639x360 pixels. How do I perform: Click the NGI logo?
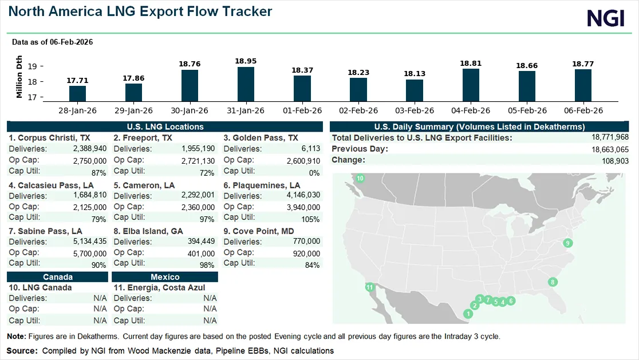click(606, 18)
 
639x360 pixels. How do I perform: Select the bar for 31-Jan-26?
click(246, 84)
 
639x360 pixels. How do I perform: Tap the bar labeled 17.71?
click(77, 94)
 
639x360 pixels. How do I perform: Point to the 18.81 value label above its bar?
click(471, 64)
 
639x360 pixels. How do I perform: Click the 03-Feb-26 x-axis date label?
click(415, 110)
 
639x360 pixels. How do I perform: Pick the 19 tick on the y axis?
click(32, 66)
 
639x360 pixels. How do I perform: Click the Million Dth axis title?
click(19, 77)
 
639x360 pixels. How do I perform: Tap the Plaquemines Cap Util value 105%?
click(310, 219)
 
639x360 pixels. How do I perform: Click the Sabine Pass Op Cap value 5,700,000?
click(90, 254)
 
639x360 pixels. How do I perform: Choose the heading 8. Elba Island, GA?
click(148, 231)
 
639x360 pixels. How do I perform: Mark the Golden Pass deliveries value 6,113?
click(311, 149)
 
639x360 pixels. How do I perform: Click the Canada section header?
click(57, 277)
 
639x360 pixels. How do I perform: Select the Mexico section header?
click(165, 277)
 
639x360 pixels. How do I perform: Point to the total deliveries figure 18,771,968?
click(610, 137)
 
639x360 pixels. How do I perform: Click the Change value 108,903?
click(616, 161)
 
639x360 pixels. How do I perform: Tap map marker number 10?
click(360, 178)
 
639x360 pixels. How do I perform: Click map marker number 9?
click(567, 243)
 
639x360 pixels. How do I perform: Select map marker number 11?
click(369, 287)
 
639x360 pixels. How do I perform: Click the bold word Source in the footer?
click(22, 351)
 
